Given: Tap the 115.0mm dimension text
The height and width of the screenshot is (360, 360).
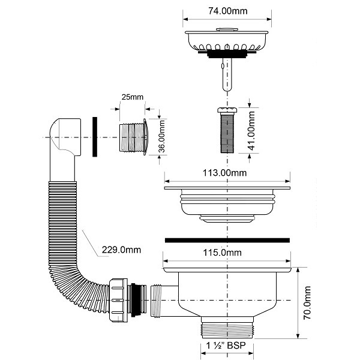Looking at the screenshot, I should click(223, 253).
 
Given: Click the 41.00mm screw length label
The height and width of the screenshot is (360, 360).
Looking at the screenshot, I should click(251, 130).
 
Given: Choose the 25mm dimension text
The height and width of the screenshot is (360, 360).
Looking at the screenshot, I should click(132, 97).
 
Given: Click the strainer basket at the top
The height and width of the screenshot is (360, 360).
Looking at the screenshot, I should click(226, 41).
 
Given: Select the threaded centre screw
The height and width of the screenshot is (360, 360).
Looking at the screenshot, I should click(226, 132).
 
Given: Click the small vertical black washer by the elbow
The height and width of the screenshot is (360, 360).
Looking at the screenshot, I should click(94, 137).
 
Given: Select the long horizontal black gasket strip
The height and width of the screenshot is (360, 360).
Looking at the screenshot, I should click(226, 239).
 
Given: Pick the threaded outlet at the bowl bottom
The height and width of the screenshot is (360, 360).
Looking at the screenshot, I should click(226, 329).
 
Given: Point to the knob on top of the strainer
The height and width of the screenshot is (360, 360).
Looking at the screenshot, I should click(226, 28).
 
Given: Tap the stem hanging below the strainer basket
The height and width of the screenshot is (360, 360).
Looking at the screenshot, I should click(226, 75).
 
